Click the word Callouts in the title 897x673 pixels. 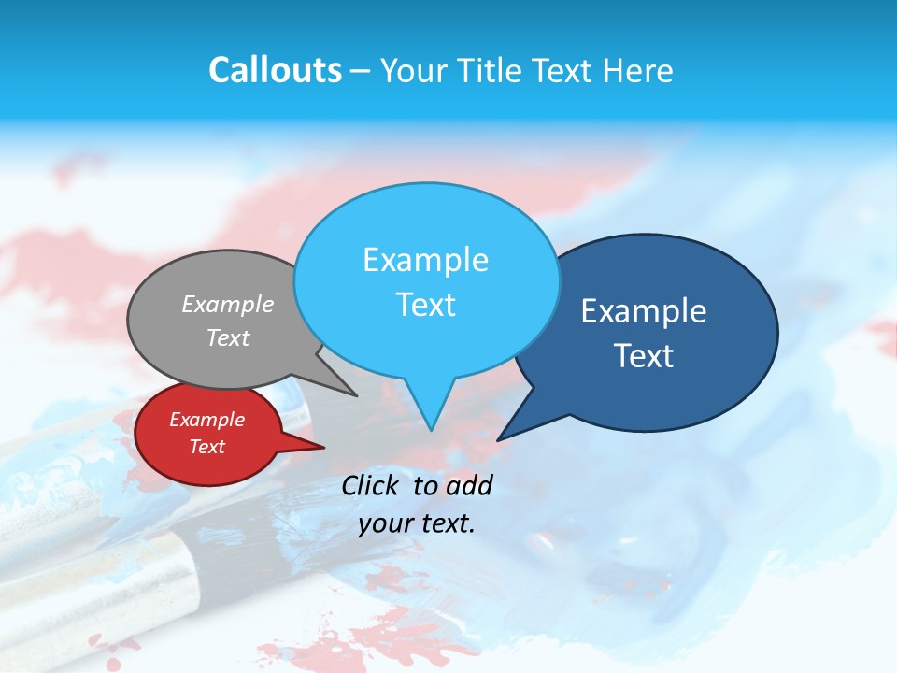pos(275,70)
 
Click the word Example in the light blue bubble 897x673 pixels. pos(425,260)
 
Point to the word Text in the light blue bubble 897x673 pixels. pos(425,305)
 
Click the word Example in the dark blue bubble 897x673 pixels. pos(644,311)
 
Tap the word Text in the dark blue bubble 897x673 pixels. pos(644,356)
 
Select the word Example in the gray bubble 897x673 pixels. pos(228,305)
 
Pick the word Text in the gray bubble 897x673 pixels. pos(228,338)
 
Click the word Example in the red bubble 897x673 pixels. pos(206,420)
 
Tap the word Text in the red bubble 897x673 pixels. pos(206,447)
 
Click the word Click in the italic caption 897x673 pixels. pos(370,485)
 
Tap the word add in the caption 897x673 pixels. pos(468,485)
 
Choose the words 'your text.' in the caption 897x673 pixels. pos(417,523)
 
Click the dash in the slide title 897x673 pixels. pos(361,71)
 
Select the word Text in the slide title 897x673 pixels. pos(567,70)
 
